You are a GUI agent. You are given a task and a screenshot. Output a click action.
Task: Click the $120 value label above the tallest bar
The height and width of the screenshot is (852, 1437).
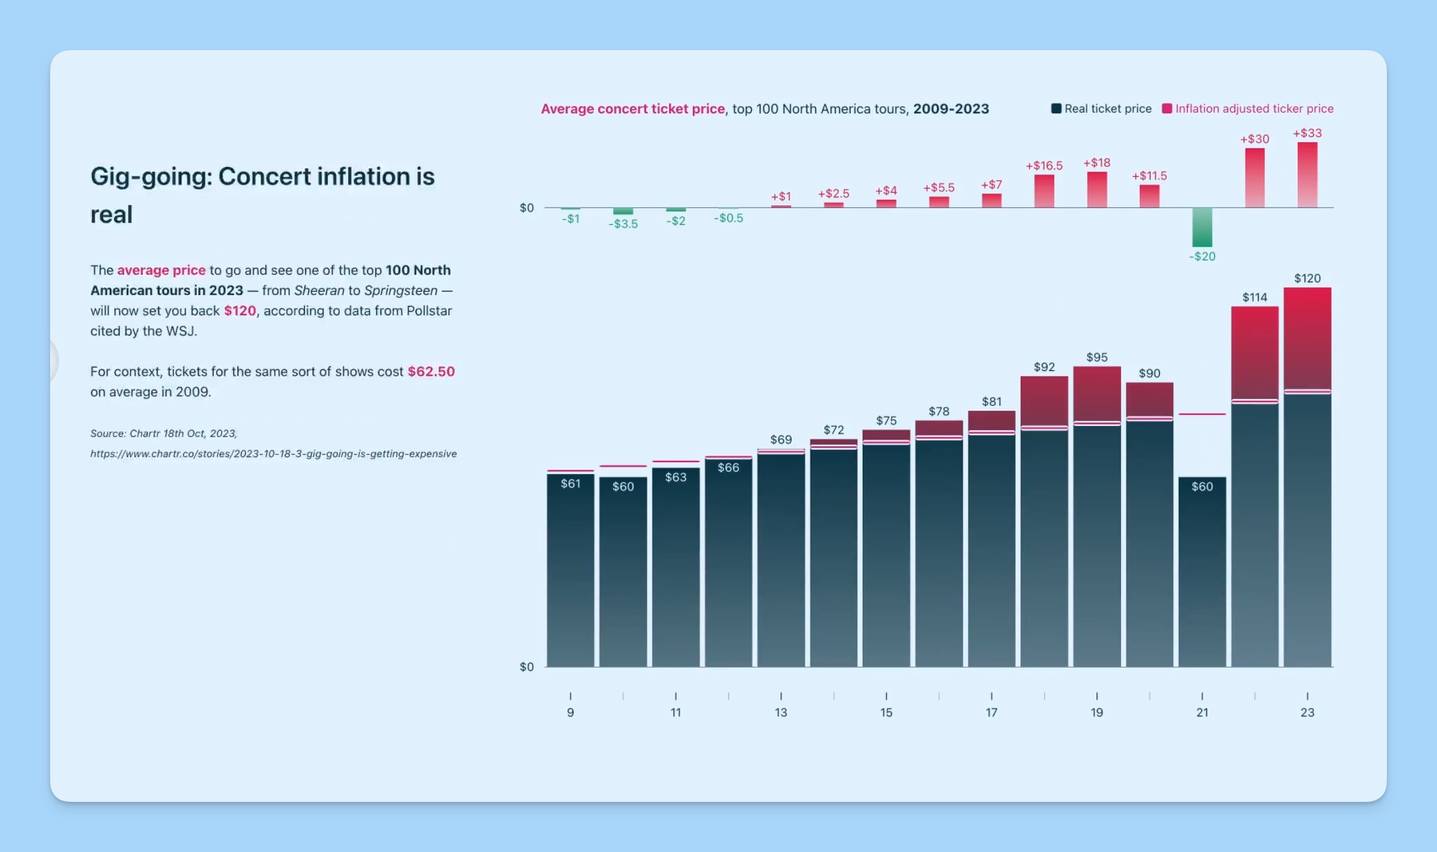pyautogui.click(x=1307, y=278)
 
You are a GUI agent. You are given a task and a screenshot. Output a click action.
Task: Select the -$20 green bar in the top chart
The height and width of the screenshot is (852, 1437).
pyautogui.click(x=1202, y=227)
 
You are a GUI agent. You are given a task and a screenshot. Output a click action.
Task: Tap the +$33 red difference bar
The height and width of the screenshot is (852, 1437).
pyautogui.click(x=1307, y=175)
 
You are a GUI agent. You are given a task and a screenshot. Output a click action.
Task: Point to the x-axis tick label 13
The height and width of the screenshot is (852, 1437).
pyautogui.click(x=780, y=712)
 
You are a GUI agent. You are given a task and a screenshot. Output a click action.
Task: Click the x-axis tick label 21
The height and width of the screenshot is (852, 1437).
pyautogui.click(x=1202, y=712)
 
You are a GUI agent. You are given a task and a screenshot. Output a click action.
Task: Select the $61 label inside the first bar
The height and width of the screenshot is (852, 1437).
pyautogui.click(x=570, y=483)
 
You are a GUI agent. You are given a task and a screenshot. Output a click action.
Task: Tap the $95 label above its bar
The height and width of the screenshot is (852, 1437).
pyautogui.click(x=1097, y=357)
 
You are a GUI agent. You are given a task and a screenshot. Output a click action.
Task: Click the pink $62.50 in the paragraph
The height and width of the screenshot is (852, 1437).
pyautogui.click(x=431, y=372)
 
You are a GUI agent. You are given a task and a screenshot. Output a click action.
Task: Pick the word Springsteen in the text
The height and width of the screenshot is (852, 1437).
pyautogui.click(x=400, y=290)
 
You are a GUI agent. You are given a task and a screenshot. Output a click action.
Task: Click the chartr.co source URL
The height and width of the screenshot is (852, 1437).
pyautogui.click(x=274, y=454)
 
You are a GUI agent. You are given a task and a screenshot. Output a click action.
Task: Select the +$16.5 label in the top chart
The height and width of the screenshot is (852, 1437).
pyautogui.click(x=1044, y=166)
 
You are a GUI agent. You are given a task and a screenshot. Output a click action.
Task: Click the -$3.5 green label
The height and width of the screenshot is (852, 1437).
pyautogui.click(x=622, y=224)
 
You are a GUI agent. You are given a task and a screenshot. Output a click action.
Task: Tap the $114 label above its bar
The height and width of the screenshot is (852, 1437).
pyautogui.click(x=1255, y=297)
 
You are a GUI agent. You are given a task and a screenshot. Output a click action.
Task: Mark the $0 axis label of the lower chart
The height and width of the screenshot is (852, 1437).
pyautogui.click(x=526, y=667)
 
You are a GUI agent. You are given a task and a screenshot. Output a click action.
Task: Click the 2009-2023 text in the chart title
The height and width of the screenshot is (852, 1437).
pyautogui.click(x=950, y=109)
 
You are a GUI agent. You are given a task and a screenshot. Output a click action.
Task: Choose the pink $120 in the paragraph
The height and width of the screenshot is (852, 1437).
pyautogui.click(x=239, y=310)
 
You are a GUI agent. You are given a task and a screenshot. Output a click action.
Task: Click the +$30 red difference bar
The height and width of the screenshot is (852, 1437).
pyautogui.click(x=1255, y=177)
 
